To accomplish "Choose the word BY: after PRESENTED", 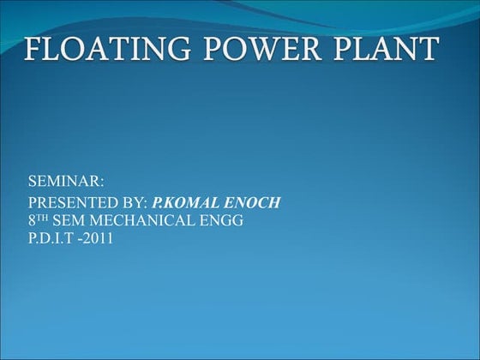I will tap(134, 203).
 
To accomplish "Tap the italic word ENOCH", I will tap(255, 203).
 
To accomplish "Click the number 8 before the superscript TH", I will tap(33, 221).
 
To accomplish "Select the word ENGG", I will tap(225, 221).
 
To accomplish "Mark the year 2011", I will tap(99, 237).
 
